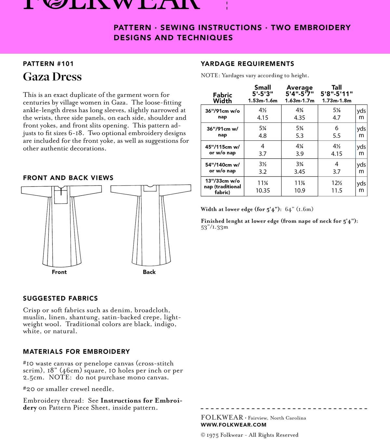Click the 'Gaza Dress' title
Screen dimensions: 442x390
coord(52,77)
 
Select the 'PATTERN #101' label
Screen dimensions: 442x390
coord(48,64)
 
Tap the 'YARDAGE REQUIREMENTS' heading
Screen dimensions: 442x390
coord(247,64)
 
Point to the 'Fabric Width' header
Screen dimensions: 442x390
coord(222,98)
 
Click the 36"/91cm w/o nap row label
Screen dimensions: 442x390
coord(222,114)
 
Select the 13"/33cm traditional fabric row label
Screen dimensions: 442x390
coord(222,187)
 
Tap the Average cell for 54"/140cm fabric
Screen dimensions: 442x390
coord(299,168)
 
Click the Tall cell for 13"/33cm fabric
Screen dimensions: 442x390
coord(336,187)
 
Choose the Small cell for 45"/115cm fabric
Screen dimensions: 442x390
coord(263,150)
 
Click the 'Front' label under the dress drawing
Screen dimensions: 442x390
coord(59,272)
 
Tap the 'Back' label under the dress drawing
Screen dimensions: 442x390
coord(149,272)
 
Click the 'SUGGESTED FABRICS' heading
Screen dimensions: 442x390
coord(60,298)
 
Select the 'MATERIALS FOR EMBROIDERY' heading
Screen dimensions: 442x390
coord(76,352)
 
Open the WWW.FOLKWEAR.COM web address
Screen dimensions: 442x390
coord(233,425)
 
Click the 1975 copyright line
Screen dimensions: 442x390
coord(249,435)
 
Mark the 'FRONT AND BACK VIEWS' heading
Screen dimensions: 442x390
coord(68,178)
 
